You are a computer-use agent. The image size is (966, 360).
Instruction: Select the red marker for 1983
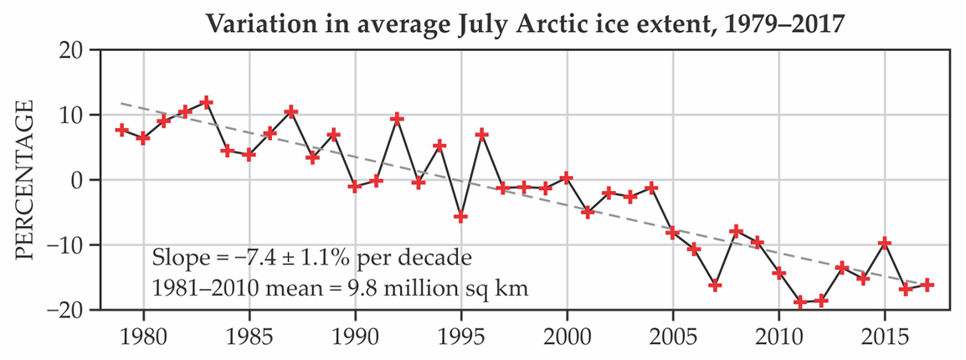coord(207,102)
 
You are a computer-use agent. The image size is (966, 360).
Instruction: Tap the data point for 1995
coord(461,217)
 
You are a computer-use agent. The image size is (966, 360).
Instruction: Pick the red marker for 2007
coord(715,285)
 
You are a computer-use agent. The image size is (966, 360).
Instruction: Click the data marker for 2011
coord(800,301)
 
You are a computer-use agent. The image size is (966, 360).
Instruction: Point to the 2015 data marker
coord(885,243)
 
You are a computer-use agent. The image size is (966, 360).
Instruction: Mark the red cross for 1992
coord(398,119)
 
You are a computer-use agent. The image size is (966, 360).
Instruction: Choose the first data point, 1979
coord(122,130)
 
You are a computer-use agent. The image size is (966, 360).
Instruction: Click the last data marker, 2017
coord(927,285)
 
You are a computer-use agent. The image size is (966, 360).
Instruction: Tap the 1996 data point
coord(482,134)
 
